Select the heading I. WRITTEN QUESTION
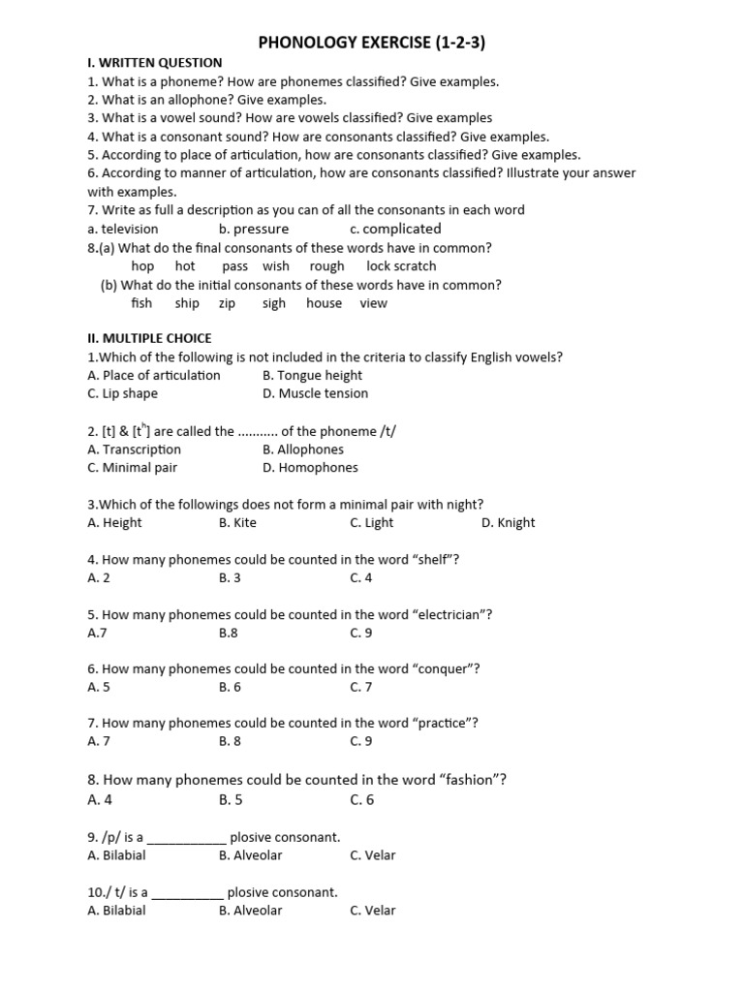coord(154,63)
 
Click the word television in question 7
coord(129,229)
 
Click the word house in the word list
coord(324,302)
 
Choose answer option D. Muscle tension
coord(315,393)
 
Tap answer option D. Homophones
coord(310,467)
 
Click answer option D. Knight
coord(508,522)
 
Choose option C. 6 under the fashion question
coord(361,799)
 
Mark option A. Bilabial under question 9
coord(116,854)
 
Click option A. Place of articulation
coord(153,375)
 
